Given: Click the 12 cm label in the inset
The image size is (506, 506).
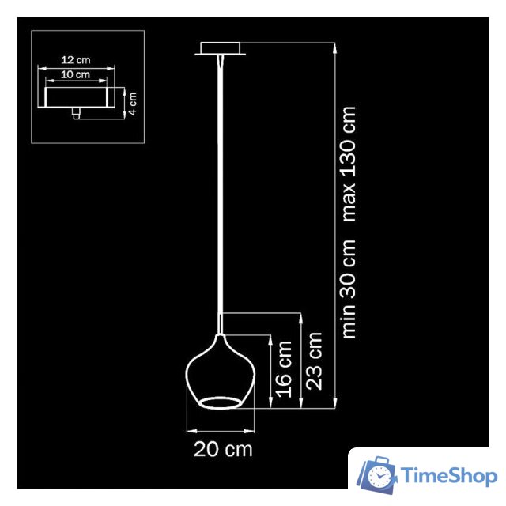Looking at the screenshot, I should point(77,61).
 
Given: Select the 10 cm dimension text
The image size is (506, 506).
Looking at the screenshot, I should point(77,74).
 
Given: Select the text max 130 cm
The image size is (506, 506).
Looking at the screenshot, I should point(349,164).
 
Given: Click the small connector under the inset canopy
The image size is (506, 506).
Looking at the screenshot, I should point(76,114).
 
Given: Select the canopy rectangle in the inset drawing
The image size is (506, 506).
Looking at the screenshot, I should point(77,97).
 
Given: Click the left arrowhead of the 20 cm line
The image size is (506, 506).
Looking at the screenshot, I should point(188,431).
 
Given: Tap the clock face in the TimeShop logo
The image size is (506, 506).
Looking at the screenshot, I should point(382,478).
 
